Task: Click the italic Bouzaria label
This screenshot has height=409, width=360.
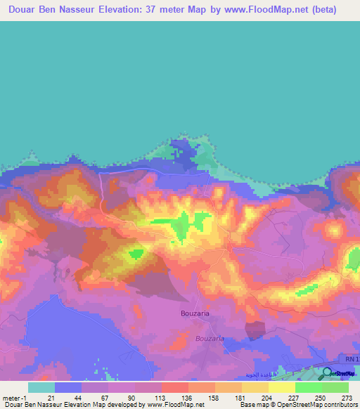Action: point(209,338)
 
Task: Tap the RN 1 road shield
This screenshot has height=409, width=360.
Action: point(352,359)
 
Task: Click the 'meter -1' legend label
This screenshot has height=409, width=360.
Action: point(13,398)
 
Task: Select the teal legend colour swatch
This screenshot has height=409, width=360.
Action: point(41,387)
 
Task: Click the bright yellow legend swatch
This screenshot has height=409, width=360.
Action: point(281,387)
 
